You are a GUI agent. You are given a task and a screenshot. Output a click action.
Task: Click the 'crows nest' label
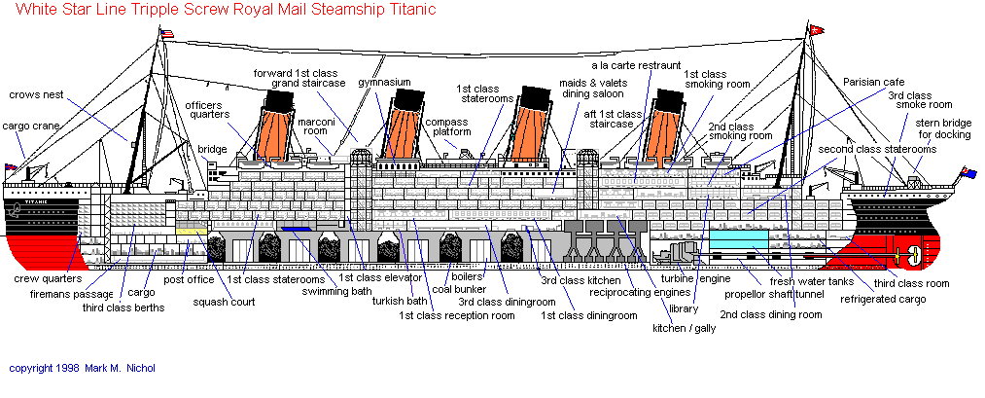(37, 95)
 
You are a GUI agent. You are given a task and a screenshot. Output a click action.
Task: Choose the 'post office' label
(189, 280)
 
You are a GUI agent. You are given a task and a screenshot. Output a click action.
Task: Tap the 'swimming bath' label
(335, 291)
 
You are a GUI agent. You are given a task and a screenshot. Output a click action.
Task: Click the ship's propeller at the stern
(913, 258)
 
